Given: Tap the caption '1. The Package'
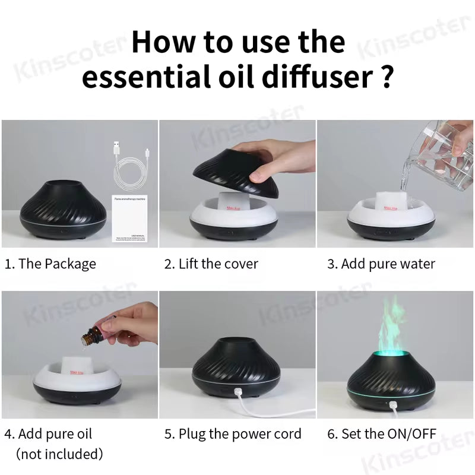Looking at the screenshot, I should tap(50, 264).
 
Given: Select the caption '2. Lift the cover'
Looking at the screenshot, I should tap(211, 264).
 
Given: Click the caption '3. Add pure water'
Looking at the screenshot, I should tap(381, 264).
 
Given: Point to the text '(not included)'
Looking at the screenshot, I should tap(59, 454).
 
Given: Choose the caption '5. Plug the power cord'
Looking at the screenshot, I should tap(233, 433).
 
